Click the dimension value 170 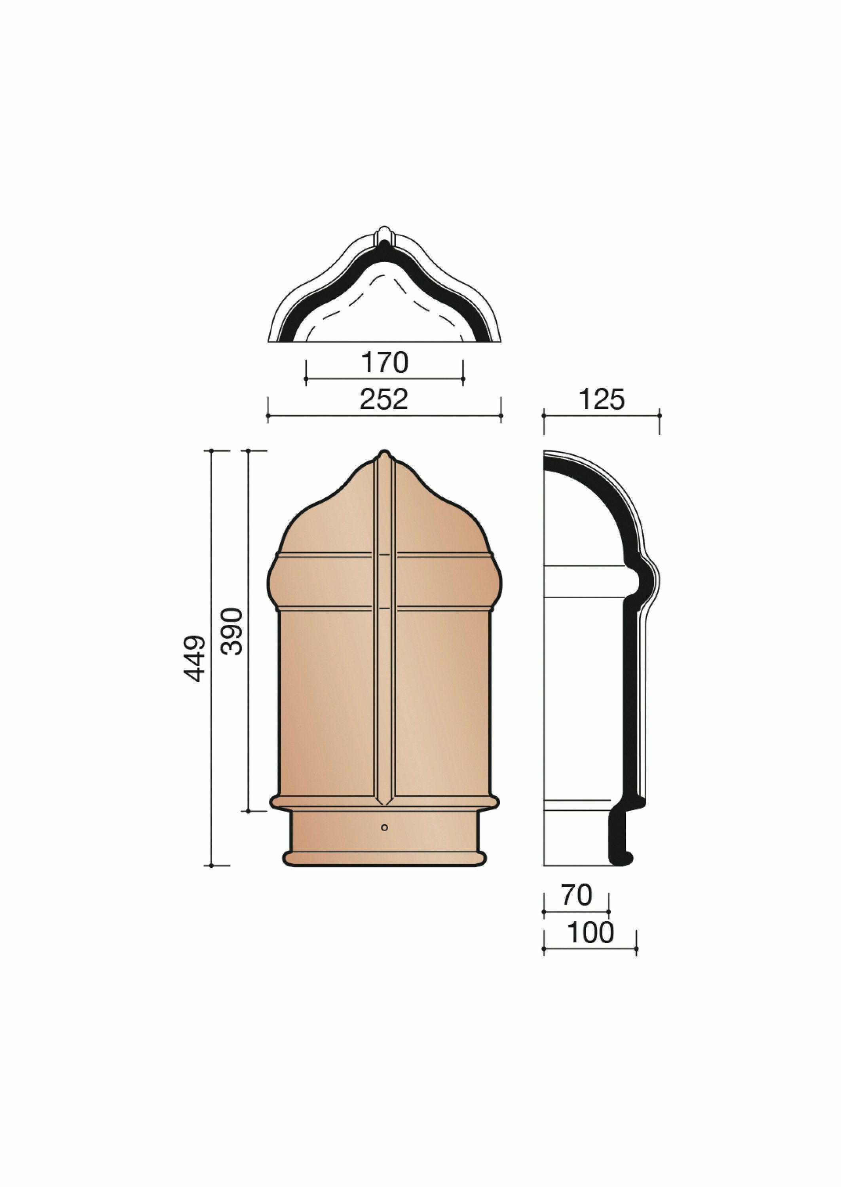tap(384, 363)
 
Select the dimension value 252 tap(384, 399)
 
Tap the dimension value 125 tap(602, 400)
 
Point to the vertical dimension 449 tap(195, 658)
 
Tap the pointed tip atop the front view tap(384, 454)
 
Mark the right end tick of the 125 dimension tap(659, 415)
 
